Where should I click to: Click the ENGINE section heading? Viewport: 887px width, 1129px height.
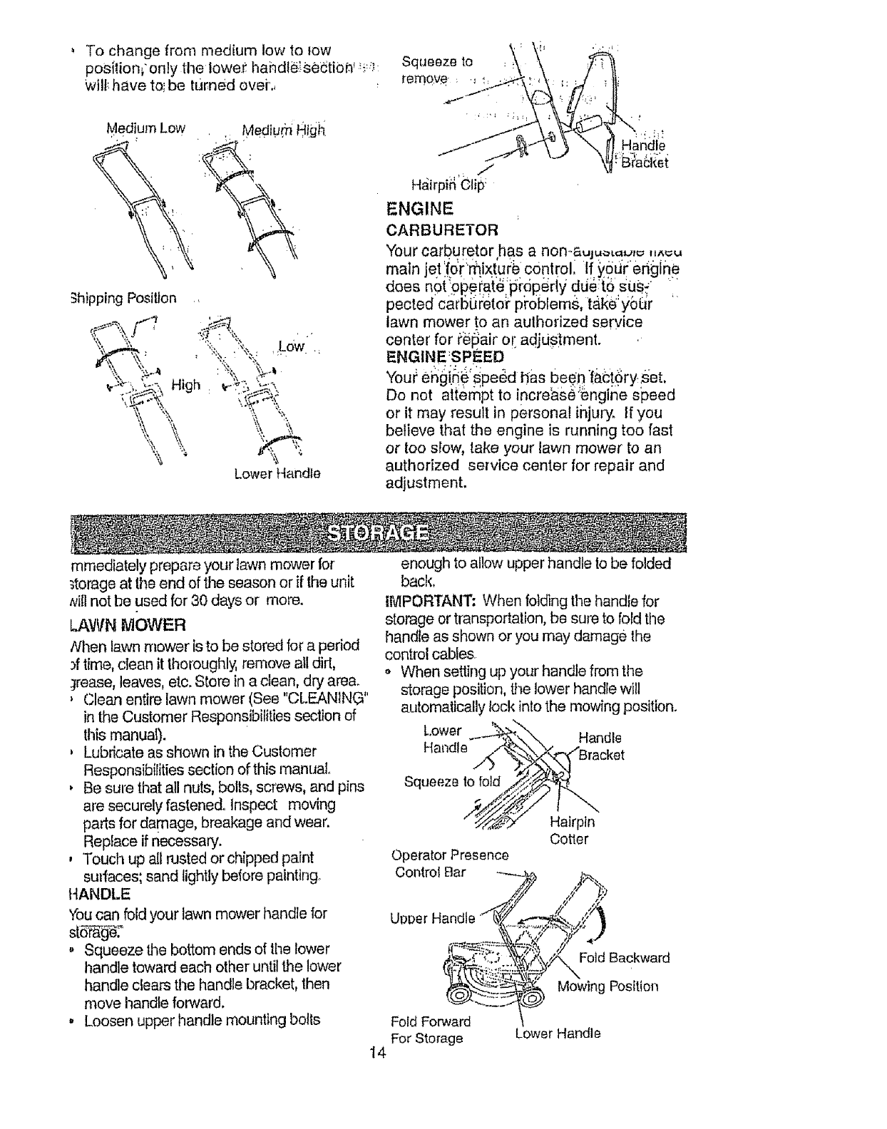pyautogui.click(x=419, y=209)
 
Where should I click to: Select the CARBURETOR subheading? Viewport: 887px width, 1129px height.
pyautogui.click(x=441, y=230)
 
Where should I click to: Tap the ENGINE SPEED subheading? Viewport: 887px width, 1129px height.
pyautogui.click(x=443, y=356)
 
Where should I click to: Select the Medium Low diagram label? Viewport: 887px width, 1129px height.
pyautogui.click(x=145, y=128)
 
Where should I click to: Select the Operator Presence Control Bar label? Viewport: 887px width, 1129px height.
pyautogui.click(x=450, y=863)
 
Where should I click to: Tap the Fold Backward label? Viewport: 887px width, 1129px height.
pyautogui.click(x=624, y=957)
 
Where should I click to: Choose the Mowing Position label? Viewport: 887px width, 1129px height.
pyautogui.click(x=607, y=986)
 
